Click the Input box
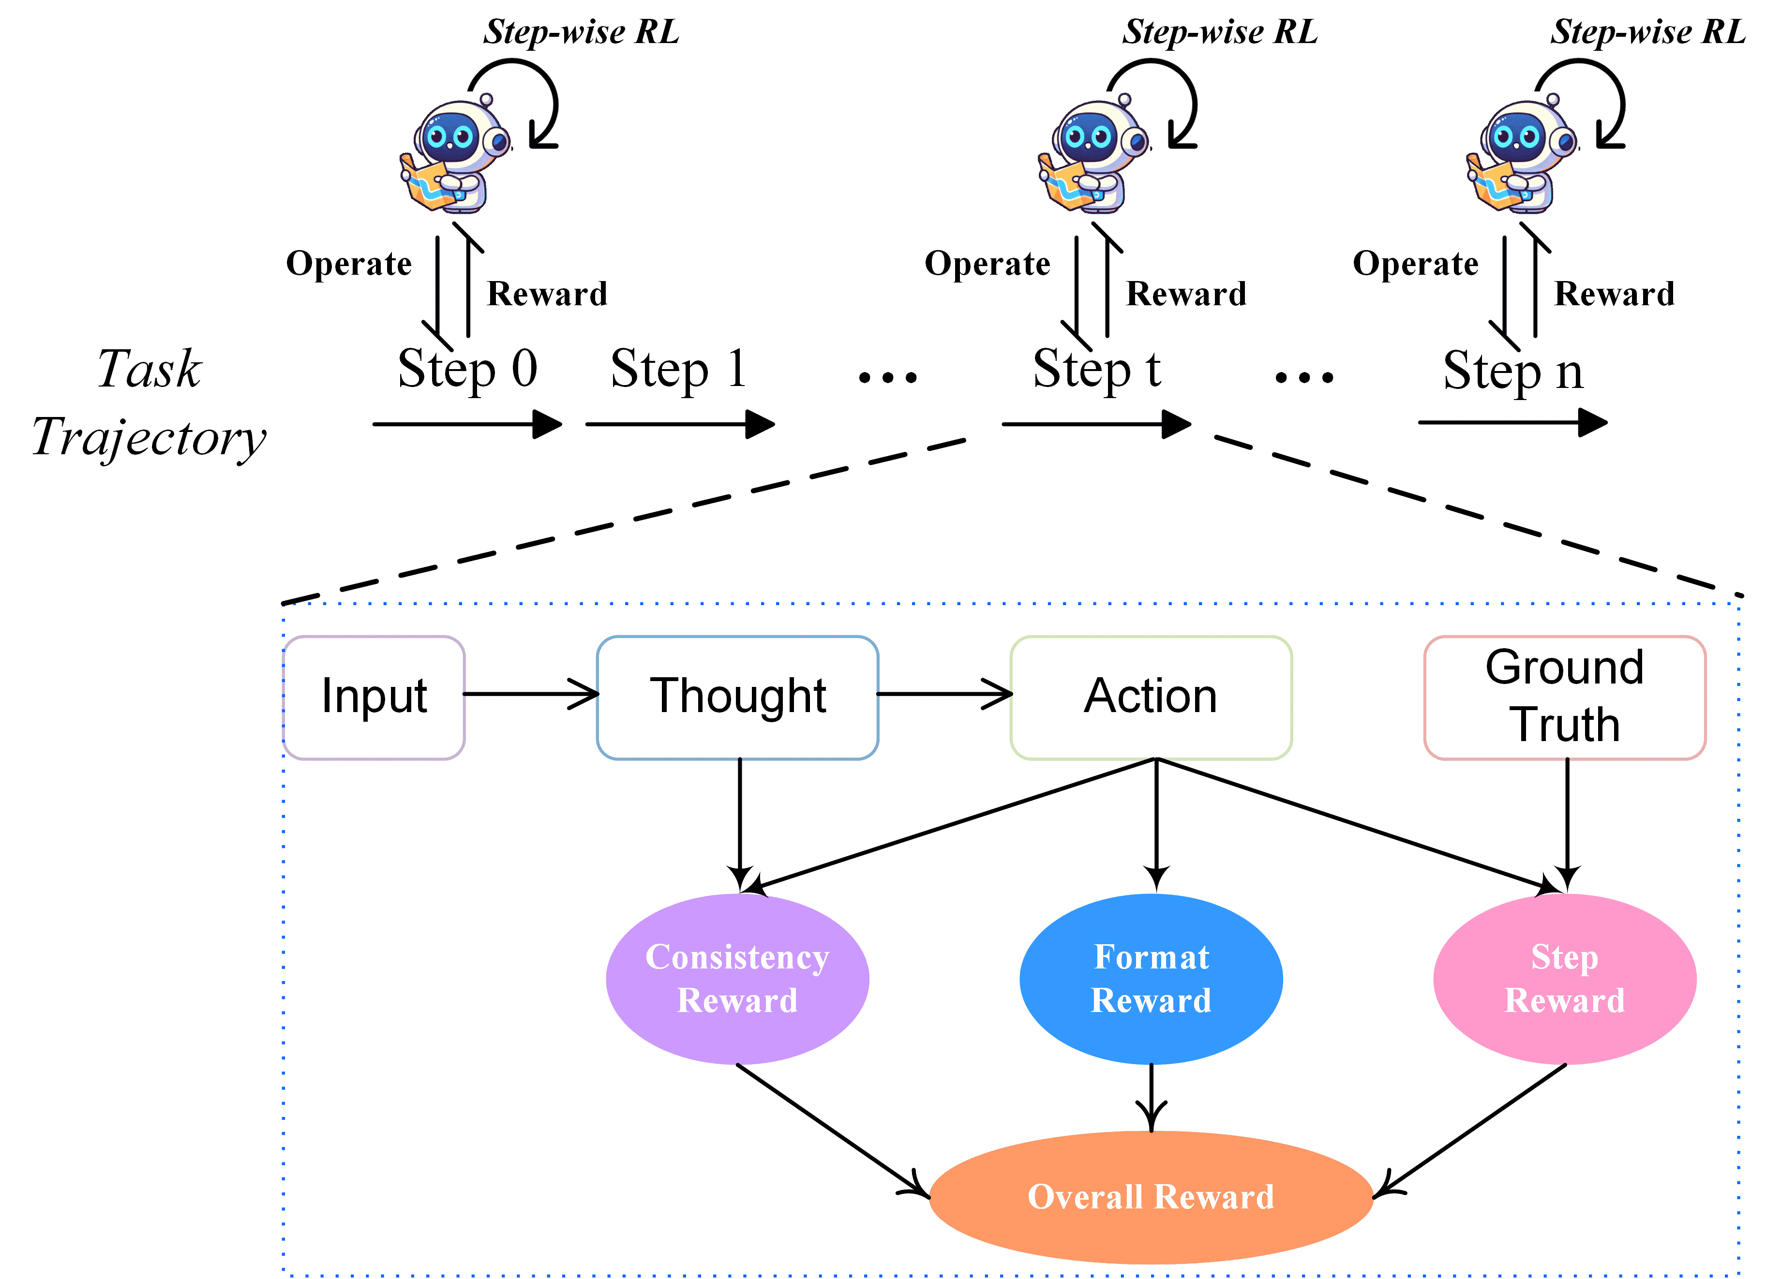[x=374, y=697]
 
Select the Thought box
[x=737, y=697]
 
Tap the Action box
[x=1151, y=697]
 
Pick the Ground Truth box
[x=1564, y=697]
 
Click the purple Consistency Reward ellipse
[x=737, y=979]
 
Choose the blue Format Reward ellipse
[x=1151, y=979]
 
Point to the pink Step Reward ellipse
[x=1564, y=979]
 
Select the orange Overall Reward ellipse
[x=1151, y=1196]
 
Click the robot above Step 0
[x=455, y=156]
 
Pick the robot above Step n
[x=1522, y=156]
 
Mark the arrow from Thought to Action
[x=944, y=694]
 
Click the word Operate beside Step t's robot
[x=987, y=264]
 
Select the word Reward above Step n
[x=1614, y=294]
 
